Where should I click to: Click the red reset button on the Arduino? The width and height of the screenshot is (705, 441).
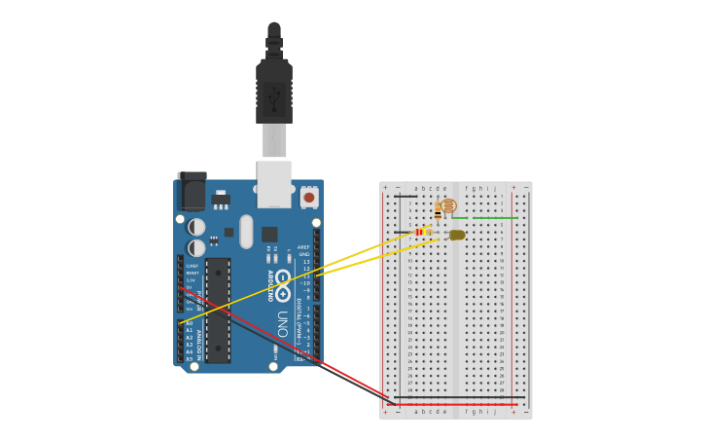click(x=309, y=197)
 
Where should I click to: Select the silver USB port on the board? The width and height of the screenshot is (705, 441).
click(x=274, y=184)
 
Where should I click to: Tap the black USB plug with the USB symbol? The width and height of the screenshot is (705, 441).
click(x=274, y=93)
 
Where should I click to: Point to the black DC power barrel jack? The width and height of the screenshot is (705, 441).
click(x=193, y=192)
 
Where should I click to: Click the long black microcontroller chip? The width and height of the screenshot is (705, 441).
click(x=218, y=310)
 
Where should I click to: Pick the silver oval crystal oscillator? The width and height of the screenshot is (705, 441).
click(x=246, y=232)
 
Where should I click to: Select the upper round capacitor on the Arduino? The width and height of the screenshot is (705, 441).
click(x=196, y=227)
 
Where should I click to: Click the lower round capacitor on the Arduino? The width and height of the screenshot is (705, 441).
click(x=196, y=247)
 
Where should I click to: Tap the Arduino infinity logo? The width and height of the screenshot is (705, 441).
click(x=283, y=293)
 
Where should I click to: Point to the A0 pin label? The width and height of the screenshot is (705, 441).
click(x=189, y=322)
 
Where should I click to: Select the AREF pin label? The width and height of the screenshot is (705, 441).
click(x=303, y=247)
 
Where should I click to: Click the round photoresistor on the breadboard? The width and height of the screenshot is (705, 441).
click(x=448, y=205)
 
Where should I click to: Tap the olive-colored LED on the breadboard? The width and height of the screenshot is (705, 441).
click(x=457, y=235)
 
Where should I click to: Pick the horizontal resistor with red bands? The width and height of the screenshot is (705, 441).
click(x=421, y=232)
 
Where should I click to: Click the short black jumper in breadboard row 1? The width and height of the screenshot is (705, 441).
click(x=405, y=196)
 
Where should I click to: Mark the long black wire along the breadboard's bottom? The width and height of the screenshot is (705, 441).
click(x=457, y=397)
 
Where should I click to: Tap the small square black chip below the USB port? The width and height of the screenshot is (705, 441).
click(x=269, y=234)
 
